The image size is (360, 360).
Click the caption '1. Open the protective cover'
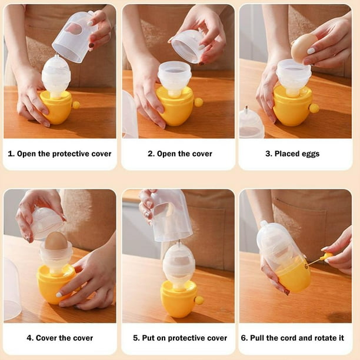[x=59, y=154]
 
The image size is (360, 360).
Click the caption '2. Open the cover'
[x=179, y=154]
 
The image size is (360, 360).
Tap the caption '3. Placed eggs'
[x=296, y=154]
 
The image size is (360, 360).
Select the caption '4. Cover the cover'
[x=59, y=338]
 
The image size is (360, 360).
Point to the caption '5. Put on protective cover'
[x=179, y=338]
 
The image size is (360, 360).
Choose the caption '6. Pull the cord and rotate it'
[x=296, y=338]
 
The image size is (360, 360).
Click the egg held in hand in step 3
[x=304, y=47]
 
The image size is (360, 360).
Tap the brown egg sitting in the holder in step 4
[x=56, y=241]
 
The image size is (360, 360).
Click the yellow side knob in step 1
[x=76, y=105]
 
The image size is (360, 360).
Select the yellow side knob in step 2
[x=198, y=102]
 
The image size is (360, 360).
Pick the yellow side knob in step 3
[x=314, y=108]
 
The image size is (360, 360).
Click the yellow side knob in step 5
[x=199, y=300]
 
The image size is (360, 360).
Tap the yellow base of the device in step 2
[x=175, y=109]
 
